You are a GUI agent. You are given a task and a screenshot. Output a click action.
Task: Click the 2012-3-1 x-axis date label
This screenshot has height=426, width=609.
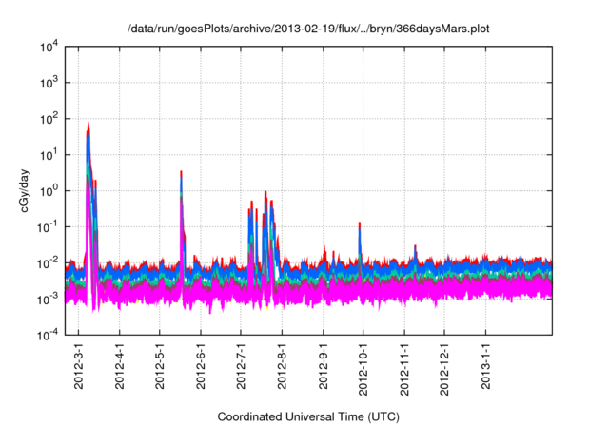click(x=79, y=365)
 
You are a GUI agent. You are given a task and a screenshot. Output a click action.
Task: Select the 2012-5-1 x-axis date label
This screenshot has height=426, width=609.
click(x=160, y=365)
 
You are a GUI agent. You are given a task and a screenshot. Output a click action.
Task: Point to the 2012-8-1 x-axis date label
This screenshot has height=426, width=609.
click(x=282, y=365)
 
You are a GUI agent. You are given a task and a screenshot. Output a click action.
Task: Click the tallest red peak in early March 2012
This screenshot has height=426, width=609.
click(x=88, y=124)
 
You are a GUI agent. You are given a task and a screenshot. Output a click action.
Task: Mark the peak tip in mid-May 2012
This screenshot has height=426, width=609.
click(x=181, y=172)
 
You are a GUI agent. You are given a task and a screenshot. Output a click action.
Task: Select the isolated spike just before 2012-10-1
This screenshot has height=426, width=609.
click(x=360, y=223)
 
